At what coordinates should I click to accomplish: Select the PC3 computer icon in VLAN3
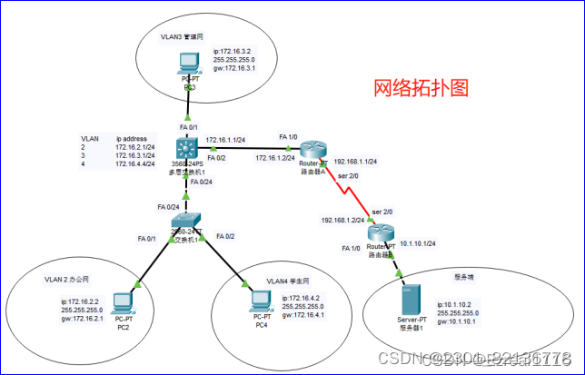point(188,64)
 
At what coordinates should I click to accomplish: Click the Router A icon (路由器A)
point(313,149)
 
